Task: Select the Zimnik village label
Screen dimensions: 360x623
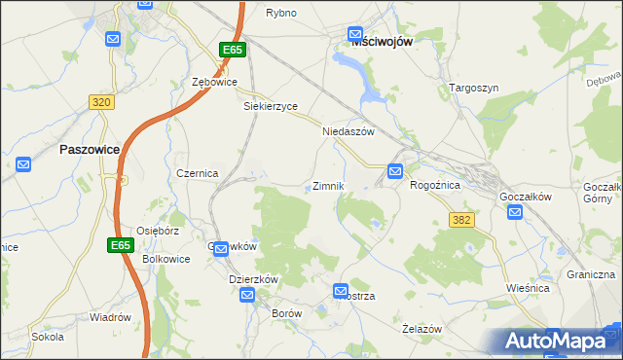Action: click(328, 185)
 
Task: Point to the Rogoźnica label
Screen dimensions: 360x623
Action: click(441, 184)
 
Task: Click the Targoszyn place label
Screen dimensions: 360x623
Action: click(474, 88)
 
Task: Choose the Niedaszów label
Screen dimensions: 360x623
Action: click(348, 130)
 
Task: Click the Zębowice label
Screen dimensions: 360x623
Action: click(215, 83)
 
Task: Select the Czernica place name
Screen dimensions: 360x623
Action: click(197, 172)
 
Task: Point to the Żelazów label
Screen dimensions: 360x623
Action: click(421, 329)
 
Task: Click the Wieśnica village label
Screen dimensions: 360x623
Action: click(529, 288)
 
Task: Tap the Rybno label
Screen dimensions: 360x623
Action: click(281, 13)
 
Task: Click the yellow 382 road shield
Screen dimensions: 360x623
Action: click(461, 221)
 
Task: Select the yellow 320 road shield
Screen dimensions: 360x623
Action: click(100, 101)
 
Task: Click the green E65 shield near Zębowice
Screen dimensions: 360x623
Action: click(232, 50)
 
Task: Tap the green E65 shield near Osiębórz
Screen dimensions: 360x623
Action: click(121, 245)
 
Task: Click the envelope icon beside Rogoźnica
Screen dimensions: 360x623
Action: click(395, 171)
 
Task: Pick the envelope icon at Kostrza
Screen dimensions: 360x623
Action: click(341, 290)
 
